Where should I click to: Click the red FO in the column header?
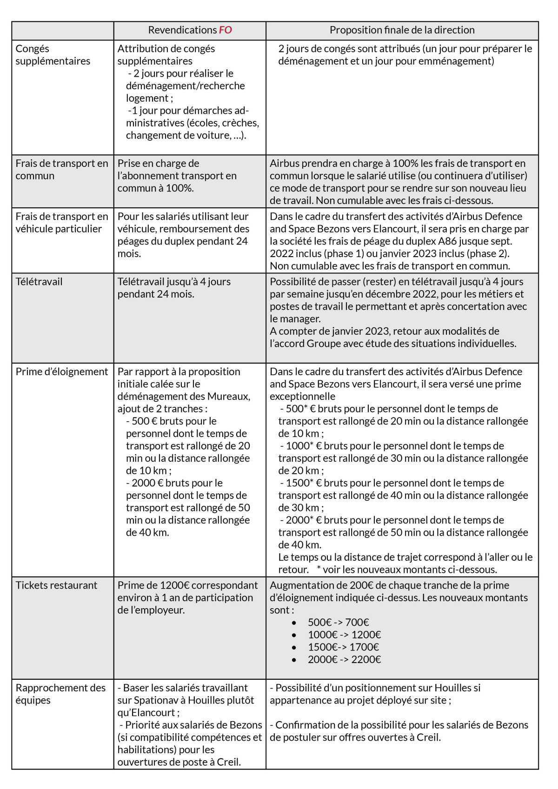point(226,30)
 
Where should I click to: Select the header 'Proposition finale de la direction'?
point(402,30)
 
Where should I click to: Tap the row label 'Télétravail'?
point(39,282)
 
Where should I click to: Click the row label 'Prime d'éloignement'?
point(62,372)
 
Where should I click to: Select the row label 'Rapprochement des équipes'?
point(60,694)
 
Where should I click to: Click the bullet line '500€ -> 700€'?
point(338,623)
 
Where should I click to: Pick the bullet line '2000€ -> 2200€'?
point(344,660)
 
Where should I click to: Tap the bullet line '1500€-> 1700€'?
point(343,647)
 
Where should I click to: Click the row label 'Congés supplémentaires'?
point(53,55)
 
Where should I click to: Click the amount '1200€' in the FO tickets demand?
point(174,585)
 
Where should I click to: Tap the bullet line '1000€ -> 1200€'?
point(344,635)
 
